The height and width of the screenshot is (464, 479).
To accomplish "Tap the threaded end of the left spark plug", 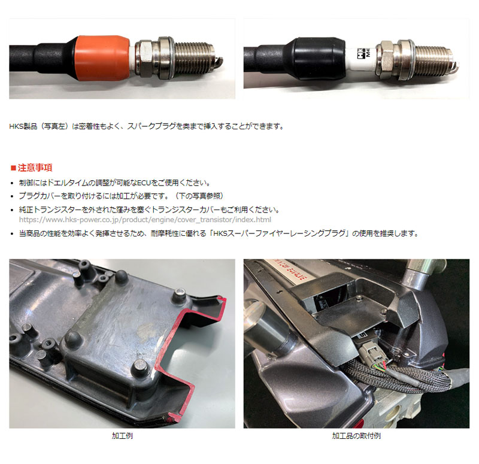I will pyautogui.click(x=198, y=54).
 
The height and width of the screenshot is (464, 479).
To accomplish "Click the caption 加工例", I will pyautogui.click(x=122, y=436).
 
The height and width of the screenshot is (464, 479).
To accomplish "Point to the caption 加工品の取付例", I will pyautogui.click(x=356, y=436).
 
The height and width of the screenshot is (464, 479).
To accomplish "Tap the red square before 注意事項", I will pyautogui.click(x=14, y=168).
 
